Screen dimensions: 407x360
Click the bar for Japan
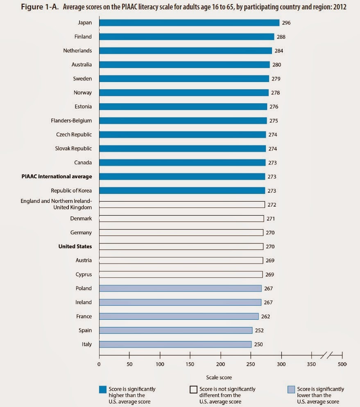(189, 23)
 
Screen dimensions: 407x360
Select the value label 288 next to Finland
(281, 37)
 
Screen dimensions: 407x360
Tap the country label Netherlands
(77, 51)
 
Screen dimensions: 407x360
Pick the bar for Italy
(175, 344)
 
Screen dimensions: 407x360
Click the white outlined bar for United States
(181, 246)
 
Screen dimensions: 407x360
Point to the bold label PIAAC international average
(57, 177)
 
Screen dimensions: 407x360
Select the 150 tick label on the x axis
(190, 363)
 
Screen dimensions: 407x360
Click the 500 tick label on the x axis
(342, 363)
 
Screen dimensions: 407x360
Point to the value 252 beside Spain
(259, 330)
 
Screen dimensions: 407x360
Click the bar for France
(179, 316)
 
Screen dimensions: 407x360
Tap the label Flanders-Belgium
(70, 121)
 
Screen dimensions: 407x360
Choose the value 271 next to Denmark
(270, 219)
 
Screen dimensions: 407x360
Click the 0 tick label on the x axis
(99, 363)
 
